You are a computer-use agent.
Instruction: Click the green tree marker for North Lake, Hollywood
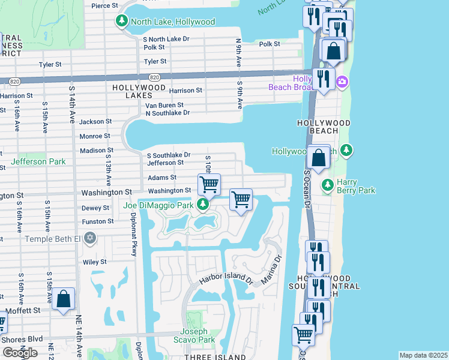[122, 22]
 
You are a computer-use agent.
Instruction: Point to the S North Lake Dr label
[166, 39]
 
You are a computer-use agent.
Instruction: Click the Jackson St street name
[96, 121]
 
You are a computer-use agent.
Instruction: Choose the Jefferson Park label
[38, 161]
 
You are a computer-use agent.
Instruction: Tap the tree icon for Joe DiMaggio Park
[203, 206]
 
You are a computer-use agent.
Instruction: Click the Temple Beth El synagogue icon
[90, 239]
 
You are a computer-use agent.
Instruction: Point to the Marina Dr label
[271, 272]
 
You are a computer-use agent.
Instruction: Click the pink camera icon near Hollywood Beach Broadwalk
[342, 82]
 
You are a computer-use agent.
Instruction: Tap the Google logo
[19, 353]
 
